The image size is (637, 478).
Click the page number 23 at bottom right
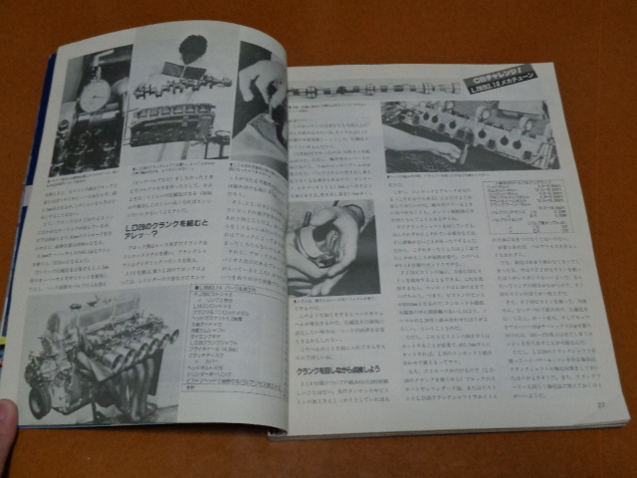[x=600, y=404]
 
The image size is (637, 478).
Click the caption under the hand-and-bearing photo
[x=328, y=302]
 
